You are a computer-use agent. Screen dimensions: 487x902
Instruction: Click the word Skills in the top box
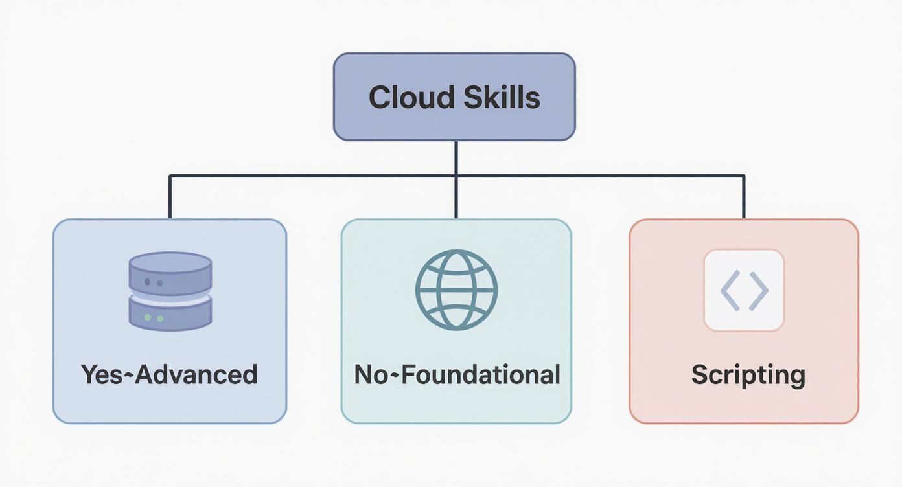[502, 98]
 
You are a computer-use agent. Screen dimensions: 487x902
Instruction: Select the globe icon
[456, 289]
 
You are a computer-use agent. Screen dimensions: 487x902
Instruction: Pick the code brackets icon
[744, 290]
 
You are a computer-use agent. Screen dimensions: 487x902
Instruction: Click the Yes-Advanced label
[169, 374]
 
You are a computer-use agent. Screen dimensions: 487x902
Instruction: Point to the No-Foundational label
[457, 374]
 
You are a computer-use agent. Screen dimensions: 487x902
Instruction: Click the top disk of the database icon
[170, 269]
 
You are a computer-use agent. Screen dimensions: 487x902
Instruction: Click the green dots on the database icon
[154, 318]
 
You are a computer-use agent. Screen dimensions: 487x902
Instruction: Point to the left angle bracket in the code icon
[730, 290]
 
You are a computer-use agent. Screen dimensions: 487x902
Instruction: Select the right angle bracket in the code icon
[759, 290]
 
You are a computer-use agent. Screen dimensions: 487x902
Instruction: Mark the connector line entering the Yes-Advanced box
[170, 198]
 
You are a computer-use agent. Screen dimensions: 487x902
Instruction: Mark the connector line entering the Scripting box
[744, 198]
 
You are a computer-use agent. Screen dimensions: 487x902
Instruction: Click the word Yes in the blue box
[101, 374]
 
